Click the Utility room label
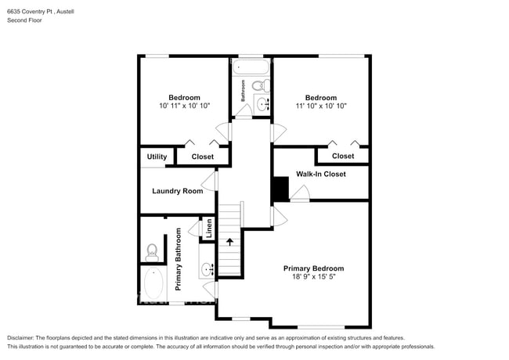(x=157, y=157)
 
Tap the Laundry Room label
(x=178, y=191)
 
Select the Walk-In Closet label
(x=321, y=175)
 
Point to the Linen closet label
(x=209, y=229)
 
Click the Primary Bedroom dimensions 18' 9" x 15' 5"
(x=313, y=276)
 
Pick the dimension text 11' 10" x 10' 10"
(x=321, y=106)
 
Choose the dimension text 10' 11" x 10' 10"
(x=184, y=106)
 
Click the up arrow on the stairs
(x=229, y=242)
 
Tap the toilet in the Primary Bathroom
(x=152, y=252)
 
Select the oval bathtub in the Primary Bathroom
(x=153, y=283)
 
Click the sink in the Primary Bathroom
(x=207, y=269)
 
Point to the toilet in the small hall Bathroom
(x=261, y=85)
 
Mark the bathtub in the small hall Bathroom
(x=251, y=67)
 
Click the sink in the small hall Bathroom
(x=262, y=104)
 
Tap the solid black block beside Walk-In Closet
(x=280, y=189)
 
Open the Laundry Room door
(x=209, y=181)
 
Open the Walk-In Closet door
(x=300, y=193)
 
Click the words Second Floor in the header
(x=25, y=20)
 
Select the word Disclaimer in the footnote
(x=20, y=338)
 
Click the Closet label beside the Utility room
(x=203, y=157)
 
